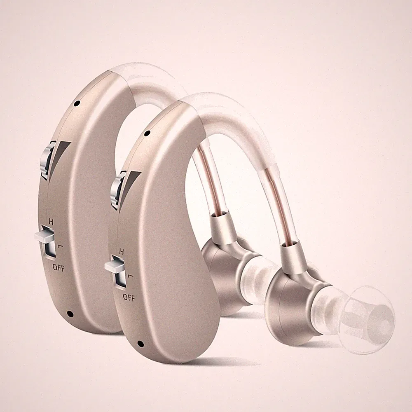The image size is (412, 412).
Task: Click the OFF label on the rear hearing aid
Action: point(59,267)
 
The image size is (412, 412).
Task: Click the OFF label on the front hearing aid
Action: point(129,297)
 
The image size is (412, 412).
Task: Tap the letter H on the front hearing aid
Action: point(122,251)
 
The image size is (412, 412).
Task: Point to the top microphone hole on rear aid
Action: point(77,104)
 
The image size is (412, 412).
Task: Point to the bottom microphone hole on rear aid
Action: point(70,313)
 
